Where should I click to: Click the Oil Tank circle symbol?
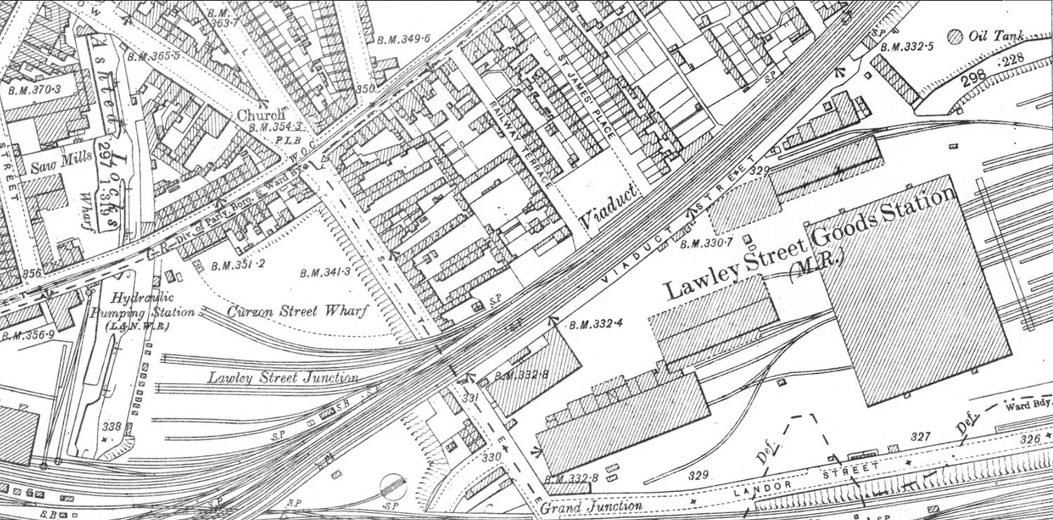coord(955,36)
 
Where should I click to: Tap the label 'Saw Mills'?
coord(62,164)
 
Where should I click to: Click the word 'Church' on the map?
coord(261,114)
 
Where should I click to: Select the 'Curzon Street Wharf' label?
coord(298,311)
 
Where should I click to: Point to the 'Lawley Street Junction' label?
coord(282,378)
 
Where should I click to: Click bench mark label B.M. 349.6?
coord(404,39)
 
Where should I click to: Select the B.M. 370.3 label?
coord(34,90)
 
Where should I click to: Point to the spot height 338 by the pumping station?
coord(111,426)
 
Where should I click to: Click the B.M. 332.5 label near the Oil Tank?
coord(907,47)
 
